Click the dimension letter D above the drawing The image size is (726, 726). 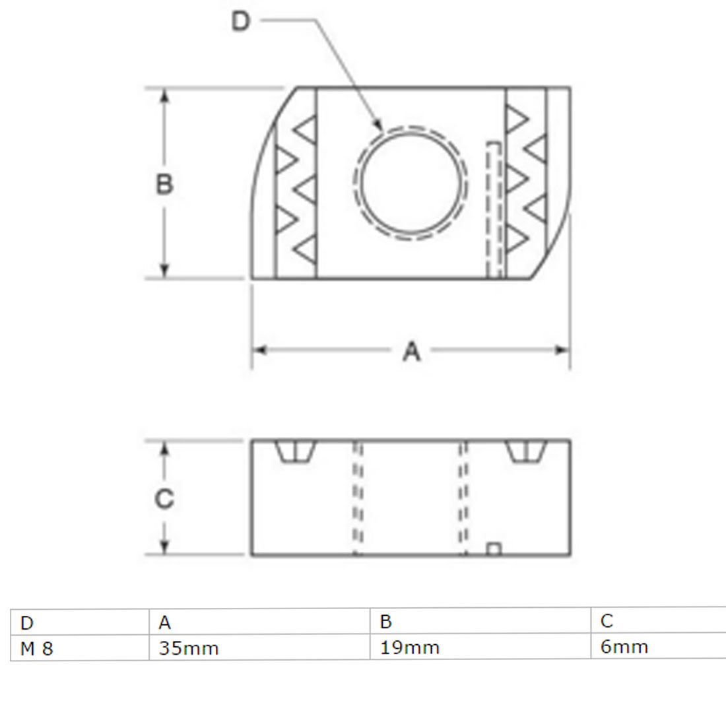tap(240, 21)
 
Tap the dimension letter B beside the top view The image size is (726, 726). tap(164, 184)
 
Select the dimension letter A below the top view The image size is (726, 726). tap(412, 351)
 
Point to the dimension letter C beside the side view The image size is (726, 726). tap(164, 499)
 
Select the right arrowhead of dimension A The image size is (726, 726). tap(562, 350)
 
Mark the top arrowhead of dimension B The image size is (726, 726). tap(164, 96)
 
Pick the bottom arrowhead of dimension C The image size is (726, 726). tap(164, 547)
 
